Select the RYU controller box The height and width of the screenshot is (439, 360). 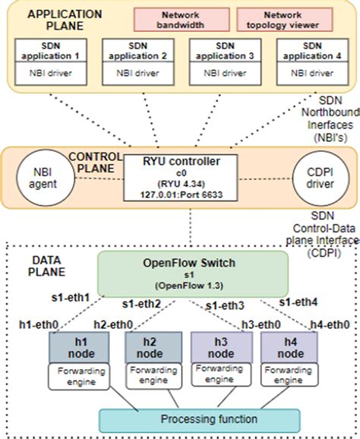180,176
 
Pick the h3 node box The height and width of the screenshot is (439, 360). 220,346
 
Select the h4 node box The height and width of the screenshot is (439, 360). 289,346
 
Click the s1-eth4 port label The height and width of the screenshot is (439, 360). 302,302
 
